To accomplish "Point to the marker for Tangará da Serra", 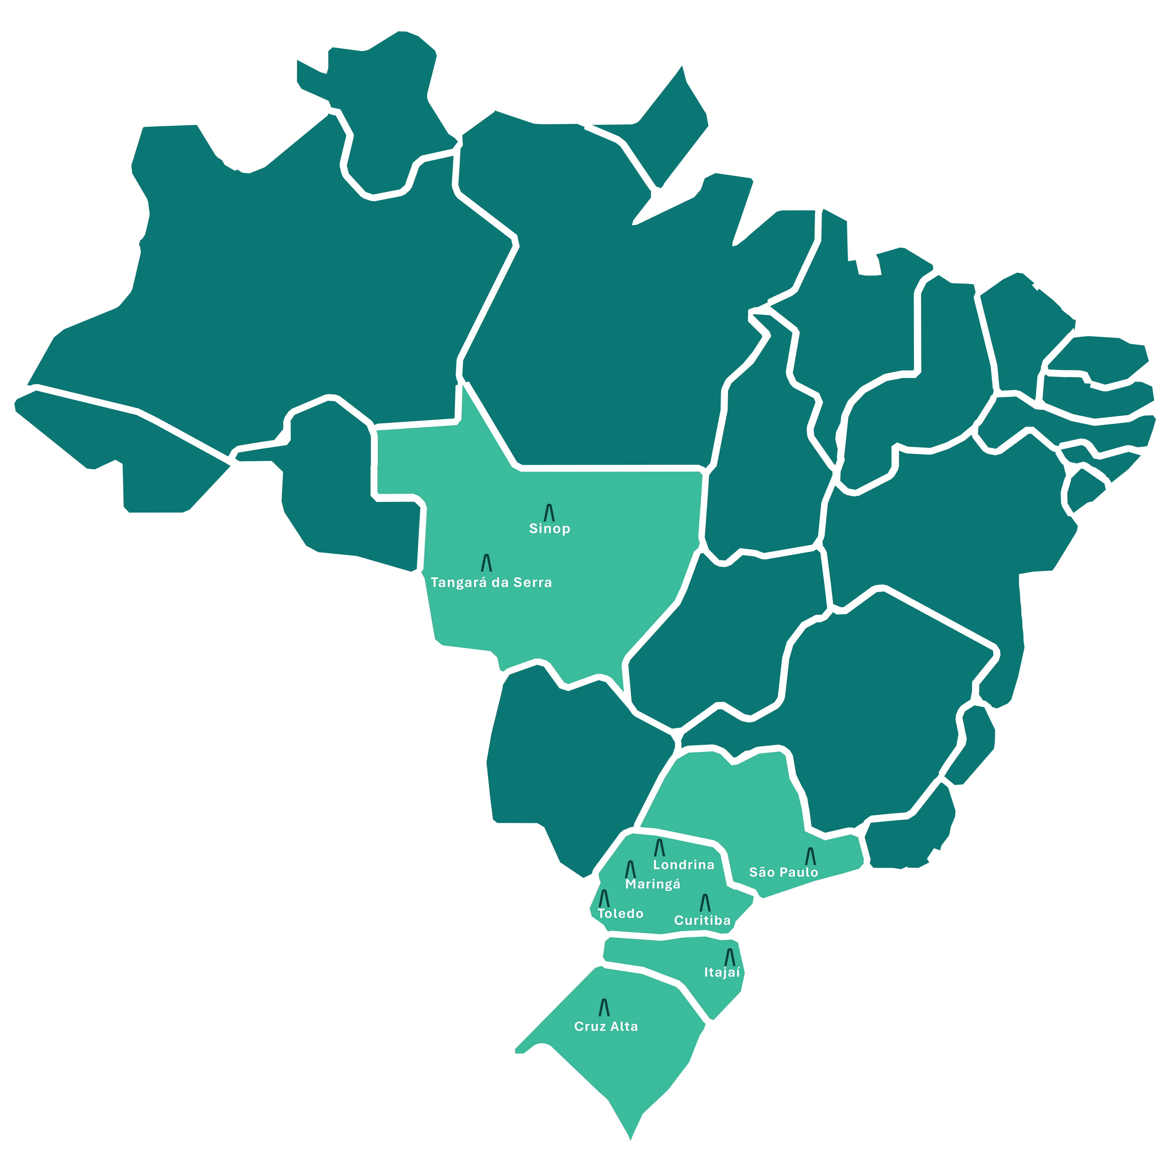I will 486,563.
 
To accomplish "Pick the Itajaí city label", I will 722,973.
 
